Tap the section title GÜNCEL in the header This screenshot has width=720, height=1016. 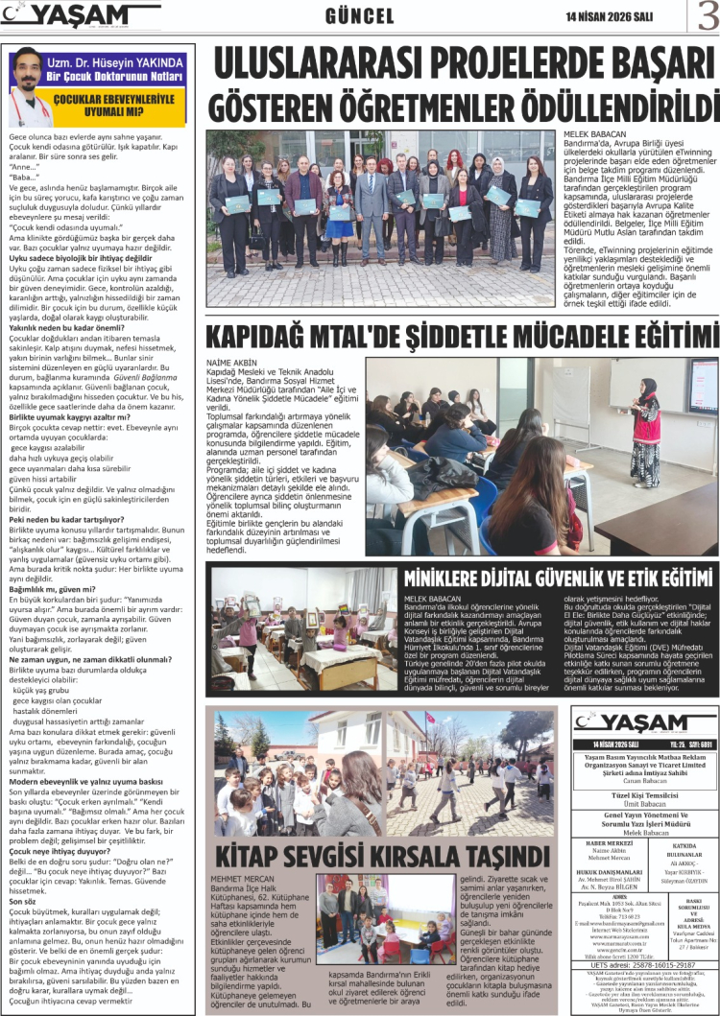pos(360,16)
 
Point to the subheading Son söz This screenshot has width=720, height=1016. pos(24,901)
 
